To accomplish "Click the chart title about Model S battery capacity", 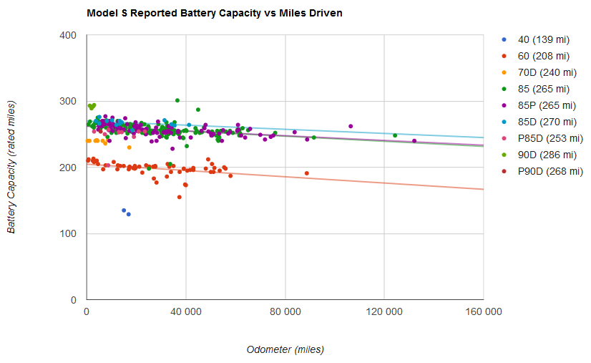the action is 215,13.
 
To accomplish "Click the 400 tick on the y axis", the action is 68,36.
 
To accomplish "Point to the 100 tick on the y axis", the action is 68,233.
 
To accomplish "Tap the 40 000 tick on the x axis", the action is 186,311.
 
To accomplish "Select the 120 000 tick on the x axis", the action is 384,311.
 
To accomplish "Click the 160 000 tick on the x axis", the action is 484,311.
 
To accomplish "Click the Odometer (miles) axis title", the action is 285,349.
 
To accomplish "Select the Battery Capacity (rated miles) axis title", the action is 11,167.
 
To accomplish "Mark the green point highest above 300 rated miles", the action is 177,100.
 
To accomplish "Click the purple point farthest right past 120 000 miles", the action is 414,141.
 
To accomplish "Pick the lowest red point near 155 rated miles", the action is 180,197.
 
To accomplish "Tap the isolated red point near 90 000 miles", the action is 307,173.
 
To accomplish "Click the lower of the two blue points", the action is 129,214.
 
